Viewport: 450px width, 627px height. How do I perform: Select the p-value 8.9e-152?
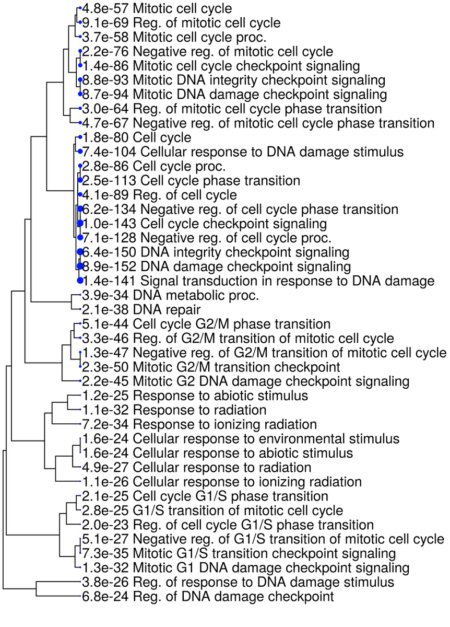106,266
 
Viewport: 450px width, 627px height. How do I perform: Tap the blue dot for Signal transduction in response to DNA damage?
80,281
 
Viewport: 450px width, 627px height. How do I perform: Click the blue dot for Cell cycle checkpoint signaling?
80,224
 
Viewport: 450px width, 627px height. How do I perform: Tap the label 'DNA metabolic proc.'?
196,295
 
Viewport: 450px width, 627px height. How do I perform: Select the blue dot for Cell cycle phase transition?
80,180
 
